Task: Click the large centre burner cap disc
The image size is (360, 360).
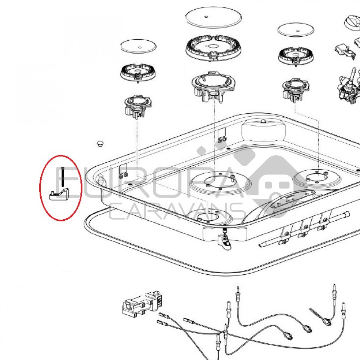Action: coord(213,17)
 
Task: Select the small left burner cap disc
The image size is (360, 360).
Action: coord(138,46)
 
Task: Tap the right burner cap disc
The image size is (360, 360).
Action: coord(296,30)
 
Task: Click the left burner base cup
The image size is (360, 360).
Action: coord(138,107)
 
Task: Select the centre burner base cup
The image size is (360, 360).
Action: coord(213,86)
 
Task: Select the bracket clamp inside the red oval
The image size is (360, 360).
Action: coord(59,194)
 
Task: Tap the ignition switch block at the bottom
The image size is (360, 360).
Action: coord(140,303)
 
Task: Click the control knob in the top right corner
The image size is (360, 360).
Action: coord(352,23)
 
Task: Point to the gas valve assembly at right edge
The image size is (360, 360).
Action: coord(349,85)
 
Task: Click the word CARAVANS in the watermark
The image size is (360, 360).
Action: coord(176,211)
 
